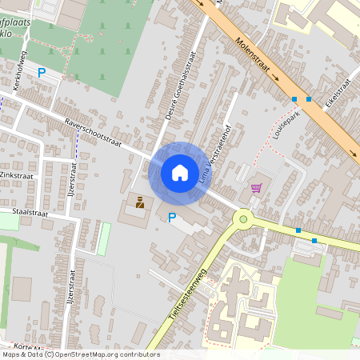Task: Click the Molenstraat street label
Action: (250, 54)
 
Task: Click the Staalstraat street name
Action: (31, 214)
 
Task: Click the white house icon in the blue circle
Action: (179, 172)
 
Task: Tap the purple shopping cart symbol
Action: (256, 189)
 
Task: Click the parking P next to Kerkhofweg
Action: (42, 73)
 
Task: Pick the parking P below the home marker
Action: (171, 218)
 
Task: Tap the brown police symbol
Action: (139, 202)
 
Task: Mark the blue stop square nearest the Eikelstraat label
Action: (309, 99)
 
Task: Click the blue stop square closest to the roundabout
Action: (298, 230)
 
